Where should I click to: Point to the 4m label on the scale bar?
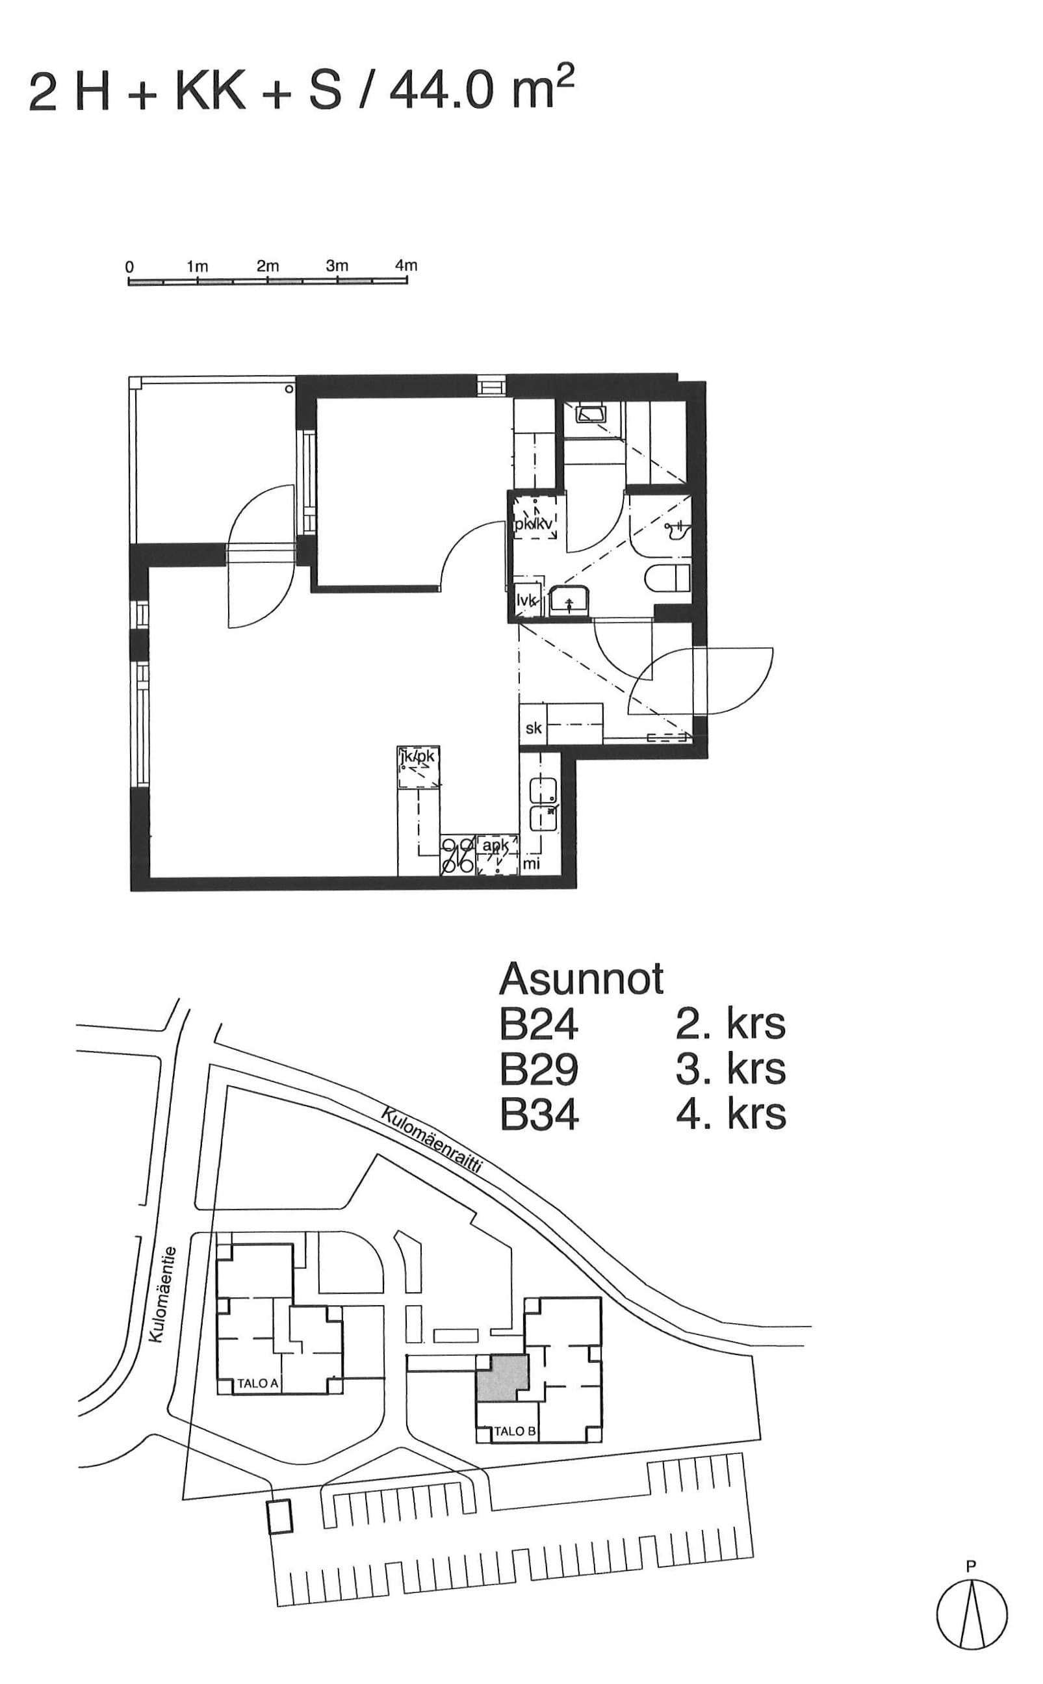pyautogui.click(x=406, y=266)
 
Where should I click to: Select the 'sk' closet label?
pyautogui.click(x=534, y=727)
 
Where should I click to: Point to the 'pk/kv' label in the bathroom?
pyautogui.click(x=534, y=525)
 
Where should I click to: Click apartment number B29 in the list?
pyautogui.click(x=539, y=1070)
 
